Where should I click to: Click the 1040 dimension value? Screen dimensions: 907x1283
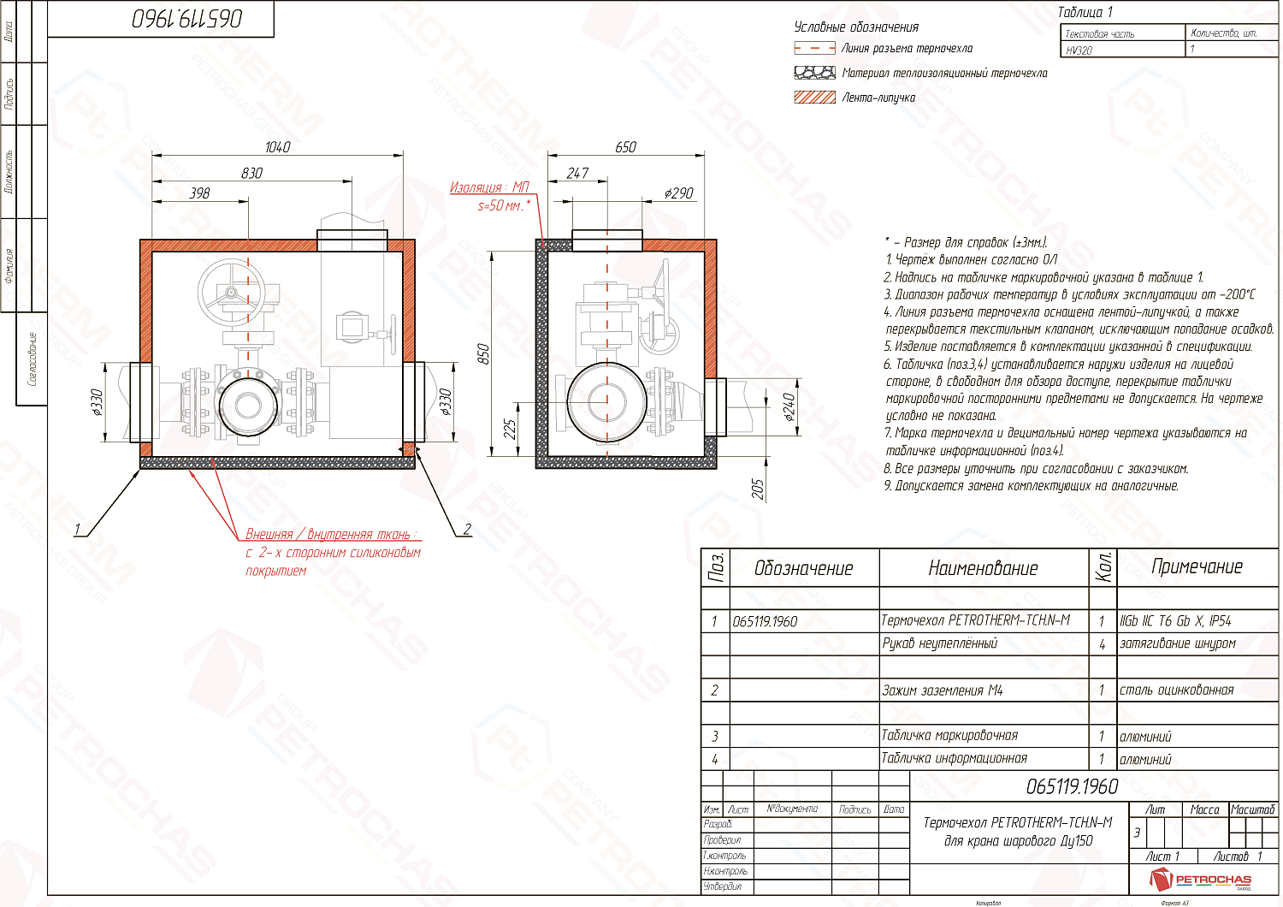(x=277, y=147)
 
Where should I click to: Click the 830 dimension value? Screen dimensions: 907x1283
(x=251, y=173)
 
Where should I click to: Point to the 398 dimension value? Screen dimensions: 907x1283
(x=199, y=193)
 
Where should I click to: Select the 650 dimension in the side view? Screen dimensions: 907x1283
(x=625, y=147)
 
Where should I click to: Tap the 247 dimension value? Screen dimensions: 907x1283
(x=577, y=173)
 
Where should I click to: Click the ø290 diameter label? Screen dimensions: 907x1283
(x=678, y=193)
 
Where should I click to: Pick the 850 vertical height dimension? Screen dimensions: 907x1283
(x=483, y=353)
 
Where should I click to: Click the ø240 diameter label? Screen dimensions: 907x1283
(x=789, y=407)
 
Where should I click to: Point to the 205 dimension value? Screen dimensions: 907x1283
(x=758, y=489)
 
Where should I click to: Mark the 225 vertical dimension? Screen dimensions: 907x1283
(x=510, y=430)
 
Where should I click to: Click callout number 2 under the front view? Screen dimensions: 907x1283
(x=467, y=529)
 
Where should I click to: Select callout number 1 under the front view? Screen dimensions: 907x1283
(x=78, y=529)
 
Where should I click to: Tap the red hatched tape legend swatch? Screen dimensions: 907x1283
(x=814, y=98)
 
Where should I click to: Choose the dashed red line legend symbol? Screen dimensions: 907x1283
(x=814, y=49)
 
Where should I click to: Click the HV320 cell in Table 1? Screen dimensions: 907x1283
(x=1079, y=50)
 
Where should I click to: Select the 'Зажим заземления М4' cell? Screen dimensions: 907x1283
(x=942, y=691)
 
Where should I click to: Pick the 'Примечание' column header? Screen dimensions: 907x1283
(x=1197, y=566)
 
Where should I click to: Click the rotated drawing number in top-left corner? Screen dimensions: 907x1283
(x=186, y=19)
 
